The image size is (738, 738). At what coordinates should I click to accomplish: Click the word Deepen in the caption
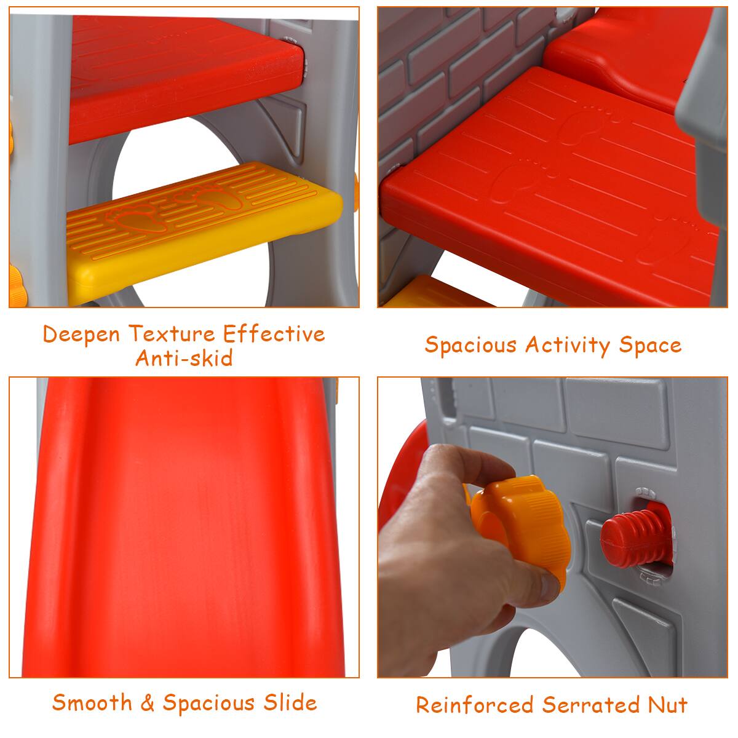click(x=82, y=335)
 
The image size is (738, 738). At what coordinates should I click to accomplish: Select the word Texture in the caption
click(x=173, y=334)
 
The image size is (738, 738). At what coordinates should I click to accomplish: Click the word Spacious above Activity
click(x=470, y=346)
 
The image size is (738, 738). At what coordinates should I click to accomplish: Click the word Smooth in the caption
click(x=92, y=702)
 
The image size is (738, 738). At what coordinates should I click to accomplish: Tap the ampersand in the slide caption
click(x=147, y=703)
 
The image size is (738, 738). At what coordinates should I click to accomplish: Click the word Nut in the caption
click(x=667, y=705)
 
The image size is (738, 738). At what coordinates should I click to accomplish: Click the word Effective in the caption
click(x=274, y=334)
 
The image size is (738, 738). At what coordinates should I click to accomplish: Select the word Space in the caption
click(x=650, y=345)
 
